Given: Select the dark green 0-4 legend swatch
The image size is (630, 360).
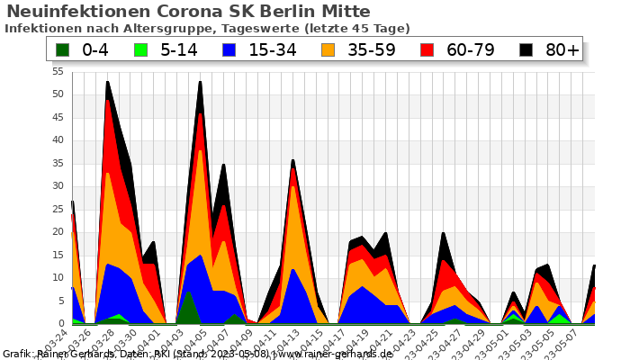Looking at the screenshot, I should (62, 49).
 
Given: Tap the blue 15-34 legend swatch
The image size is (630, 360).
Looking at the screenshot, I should (229, 49).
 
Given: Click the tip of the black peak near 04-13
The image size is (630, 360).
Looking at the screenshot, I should (292, 160).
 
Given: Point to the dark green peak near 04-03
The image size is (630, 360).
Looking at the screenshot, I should (188, 291).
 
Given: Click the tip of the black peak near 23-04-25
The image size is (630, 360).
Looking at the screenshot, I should (444, 233).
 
